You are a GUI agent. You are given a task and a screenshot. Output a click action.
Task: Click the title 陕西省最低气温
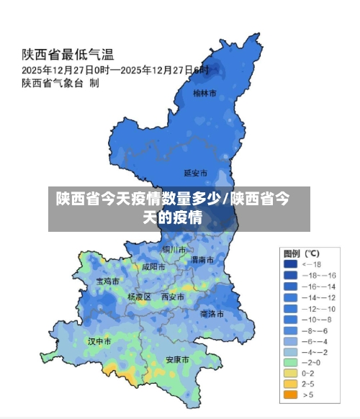tap(68, 55)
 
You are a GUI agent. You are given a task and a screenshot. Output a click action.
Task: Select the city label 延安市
tap(195, 173)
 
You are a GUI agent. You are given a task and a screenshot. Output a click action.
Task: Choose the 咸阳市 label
tap(153, 266)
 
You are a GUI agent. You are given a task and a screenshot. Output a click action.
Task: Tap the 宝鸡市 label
tap(108, 281)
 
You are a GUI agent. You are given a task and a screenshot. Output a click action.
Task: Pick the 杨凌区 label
tap(139, 297)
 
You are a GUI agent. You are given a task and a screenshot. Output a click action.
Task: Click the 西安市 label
tap(173, 296)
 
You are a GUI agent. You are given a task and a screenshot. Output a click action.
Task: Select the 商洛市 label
tap(212, 314)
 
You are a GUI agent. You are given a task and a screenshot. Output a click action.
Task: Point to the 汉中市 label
tap(99, 341)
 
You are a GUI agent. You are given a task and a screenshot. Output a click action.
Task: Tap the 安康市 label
tap(177, 359)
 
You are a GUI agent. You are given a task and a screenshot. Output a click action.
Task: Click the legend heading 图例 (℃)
tap(301, 253)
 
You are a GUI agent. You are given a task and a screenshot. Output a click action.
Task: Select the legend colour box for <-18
tap(290, 264)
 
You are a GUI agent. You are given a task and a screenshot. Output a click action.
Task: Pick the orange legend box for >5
tap(290, 395)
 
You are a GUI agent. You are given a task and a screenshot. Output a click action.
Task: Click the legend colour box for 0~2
tap(290, 373)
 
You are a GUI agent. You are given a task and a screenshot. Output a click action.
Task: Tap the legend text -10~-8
tap(318, 319)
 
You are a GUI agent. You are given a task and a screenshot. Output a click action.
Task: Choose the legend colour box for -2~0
tap(290, 362)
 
